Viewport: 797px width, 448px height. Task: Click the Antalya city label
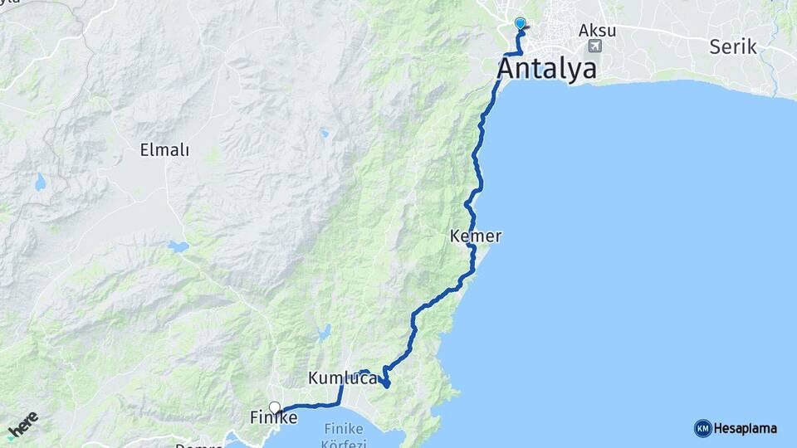pos(547,68)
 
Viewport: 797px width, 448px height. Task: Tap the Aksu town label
pos(597,30)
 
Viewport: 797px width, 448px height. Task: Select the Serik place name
pos(733,46)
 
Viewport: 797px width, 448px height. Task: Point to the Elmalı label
pos(164,150)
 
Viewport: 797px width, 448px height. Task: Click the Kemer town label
pos(476,236)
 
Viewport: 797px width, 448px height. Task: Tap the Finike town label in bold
pos(274,418)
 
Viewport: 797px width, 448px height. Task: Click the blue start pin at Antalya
pos(521,24)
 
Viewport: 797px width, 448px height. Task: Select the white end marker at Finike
pos(275,407)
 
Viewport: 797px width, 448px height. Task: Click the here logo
pos(22,425)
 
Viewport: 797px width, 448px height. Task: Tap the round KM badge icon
pos(702,428)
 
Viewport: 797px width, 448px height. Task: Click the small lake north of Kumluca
pos(323,334)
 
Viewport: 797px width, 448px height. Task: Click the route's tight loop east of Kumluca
pos(385,380)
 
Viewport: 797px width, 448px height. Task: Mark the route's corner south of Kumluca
pos(339,404)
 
